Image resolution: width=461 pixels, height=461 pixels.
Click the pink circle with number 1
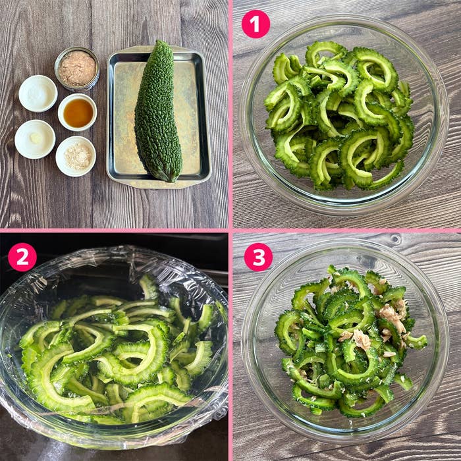[256, 24]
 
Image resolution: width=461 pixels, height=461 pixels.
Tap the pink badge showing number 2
[22, 257]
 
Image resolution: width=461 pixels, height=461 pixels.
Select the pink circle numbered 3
[258, 257]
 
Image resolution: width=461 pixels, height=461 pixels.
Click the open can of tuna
[77, 68]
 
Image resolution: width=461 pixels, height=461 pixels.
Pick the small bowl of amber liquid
[78, 113]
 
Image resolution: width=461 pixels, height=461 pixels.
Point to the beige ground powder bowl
[76, 156]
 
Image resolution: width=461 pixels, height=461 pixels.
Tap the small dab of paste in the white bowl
[36, 138]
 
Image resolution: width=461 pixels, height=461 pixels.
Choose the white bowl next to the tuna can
[38, 94]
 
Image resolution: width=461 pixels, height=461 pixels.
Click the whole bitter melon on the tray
[158, 112]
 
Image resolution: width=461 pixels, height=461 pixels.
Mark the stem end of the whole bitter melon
[170, 178]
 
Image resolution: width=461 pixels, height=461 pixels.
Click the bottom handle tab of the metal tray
[159, 184]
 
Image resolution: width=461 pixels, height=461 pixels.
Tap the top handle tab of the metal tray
[159, 49]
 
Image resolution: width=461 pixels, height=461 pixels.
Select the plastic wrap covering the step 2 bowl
[113, 347]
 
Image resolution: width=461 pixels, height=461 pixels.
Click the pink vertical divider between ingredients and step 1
[230, 114]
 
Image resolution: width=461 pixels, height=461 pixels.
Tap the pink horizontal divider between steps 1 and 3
[347, 230]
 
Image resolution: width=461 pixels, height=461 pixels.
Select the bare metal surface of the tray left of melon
[124, 118]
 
